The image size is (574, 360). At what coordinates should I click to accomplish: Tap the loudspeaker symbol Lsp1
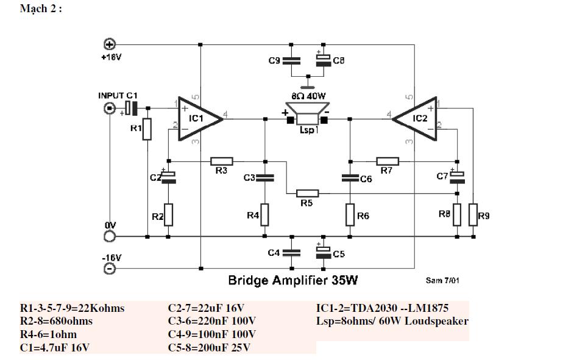point(308,114)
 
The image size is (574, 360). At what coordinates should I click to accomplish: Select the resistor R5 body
point(307,193)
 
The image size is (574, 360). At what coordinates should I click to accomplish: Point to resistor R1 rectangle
point(147,129)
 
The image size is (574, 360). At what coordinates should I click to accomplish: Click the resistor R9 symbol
point(473,214)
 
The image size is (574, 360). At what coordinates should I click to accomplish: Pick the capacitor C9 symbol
point(291,61)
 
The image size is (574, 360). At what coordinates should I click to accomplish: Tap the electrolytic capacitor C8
point(324,60)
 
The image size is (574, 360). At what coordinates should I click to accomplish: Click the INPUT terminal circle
point(110,108)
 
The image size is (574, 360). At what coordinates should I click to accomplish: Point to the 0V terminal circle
point(110,237)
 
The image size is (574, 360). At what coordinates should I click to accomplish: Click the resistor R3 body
point(221,161)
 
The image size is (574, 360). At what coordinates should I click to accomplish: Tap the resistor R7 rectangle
point(388,161)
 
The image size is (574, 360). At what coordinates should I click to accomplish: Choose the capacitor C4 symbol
point(291,253)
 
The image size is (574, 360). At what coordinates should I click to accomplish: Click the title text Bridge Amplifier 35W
point(293,280)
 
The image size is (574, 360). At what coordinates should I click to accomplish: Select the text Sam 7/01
point(442,280)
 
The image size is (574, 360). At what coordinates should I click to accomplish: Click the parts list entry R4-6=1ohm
point(48,334)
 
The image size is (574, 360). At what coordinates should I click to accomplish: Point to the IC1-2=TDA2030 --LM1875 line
point(383,308)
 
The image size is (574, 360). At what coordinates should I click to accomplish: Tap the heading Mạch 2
point(41,9)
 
